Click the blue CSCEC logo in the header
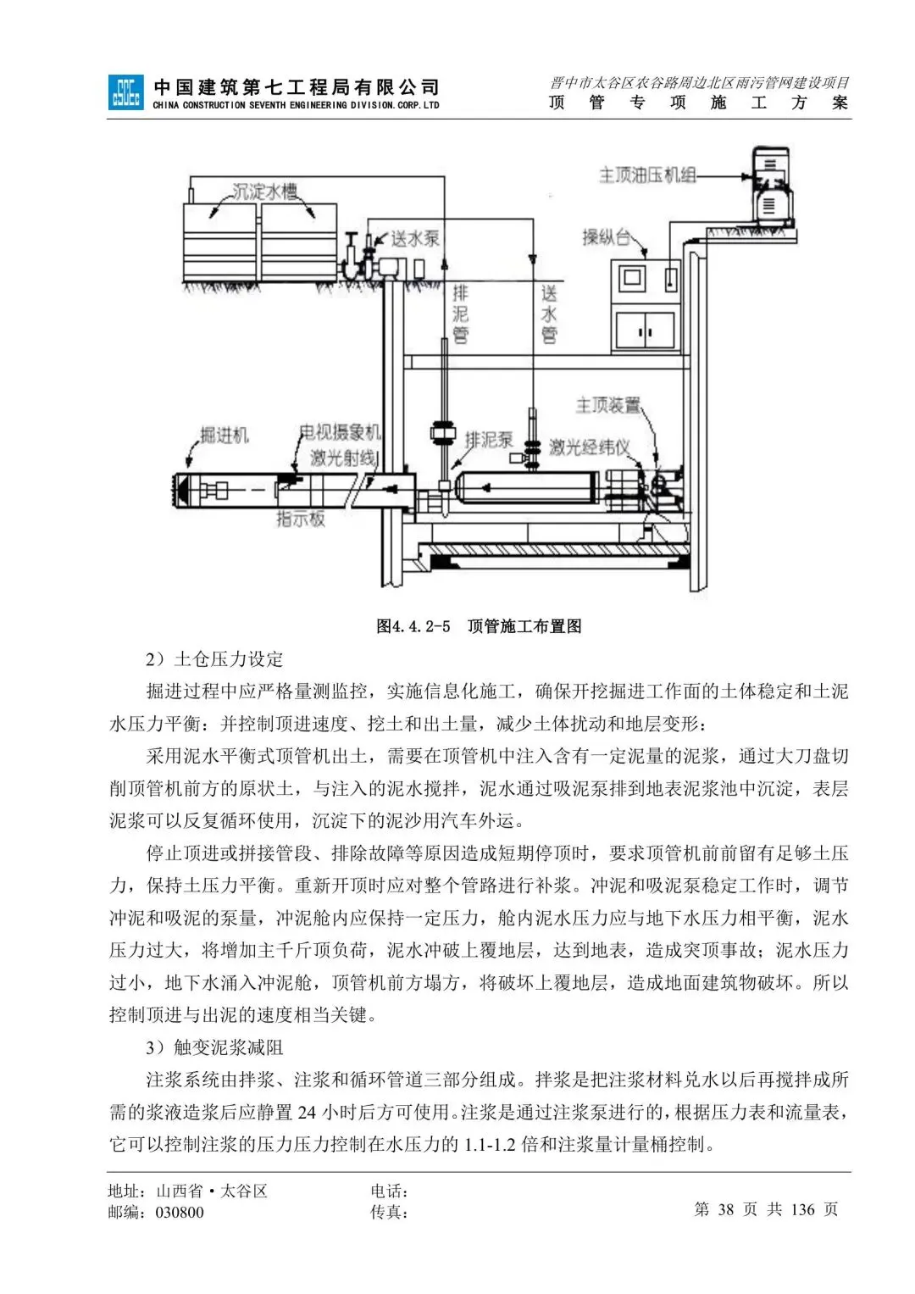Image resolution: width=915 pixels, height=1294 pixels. pos(125,92)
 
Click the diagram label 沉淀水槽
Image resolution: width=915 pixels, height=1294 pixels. pos(265,192)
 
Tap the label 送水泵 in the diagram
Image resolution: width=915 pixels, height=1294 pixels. pos(414,238)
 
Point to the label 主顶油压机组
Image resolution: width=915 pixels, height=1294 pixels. pos(647,175)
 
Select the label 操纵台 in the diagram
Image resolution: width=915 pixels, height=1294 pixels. pos(606,237)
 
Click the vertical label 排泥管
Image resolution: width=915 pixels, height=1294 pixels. pos(460,314)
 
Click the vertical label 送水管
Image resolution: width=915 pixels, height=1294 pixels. pos(549,314)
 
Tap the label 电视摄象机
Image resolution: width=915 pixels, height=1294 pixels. pos(340,432)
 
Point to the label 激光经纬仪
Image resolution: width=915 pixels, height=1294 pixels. pos(589,447)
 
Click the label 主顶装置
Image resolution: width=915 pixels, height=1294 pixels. pos(607,405)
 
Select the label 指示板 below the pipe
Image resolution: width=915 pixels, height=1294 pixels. pos(301,519)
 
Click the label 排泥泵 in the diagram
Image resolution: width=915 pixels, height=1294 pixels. pos(489,440)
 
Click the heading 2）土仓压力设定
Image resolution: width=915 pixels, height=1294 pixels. pos(214,659)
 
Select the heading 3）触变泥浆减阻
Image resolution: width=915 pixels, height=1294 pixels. pos(214,1047)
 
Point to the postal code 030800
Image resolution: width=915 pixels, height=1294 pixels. pos(180,1213)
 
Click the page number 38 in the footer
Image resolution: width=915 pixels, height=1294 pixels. pos(725,1209)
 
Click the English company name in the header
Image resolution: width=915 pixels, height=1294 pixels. pos(296,105)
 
